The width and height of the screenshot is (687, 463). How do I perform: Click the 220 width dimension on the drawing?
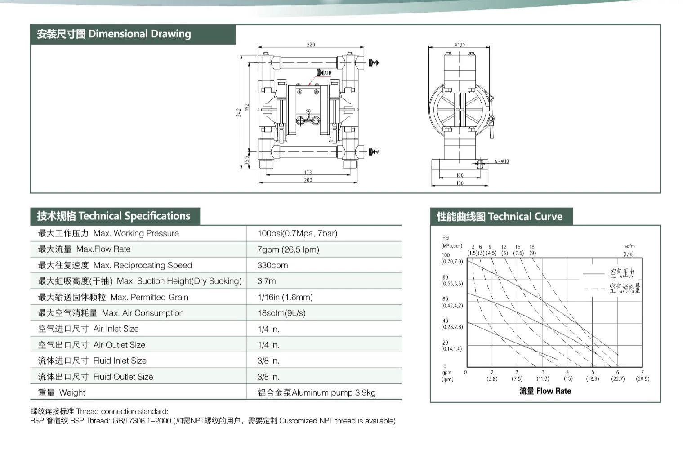coord(311,45)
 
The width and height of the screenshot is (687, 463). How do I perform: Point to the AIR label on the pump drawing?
coord(328,73)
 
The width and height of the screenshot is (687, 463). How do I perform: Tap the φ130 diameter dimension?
coord(459,45)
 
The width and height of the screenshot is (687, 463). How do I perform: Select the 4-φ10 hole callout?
coord(502,161)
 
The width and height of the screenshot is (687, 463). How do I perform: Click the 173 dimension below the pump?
coord(308,172)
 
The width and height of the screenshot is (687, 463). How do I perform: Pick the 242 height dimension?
coord(239,112)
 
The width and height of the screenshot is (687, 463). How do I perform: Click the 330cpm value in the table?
coord(272,265)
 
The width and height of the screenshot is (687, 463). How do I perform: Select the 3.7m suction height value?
coord(266,281)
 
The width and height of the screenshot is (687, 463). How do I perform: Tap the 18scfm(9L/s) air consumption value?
coord(281,313)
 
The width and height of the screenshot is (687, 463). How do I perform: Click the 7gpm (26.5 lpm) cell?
coord(288,249)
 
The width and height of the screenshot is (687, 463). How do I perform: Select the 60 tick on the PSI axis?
coord(445,298)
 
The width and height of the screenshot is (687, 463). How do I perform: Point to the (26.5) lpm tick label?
coord(642,378)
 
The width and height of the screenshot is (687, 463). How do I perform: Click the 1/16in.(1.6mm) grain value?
coord(285,297)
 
